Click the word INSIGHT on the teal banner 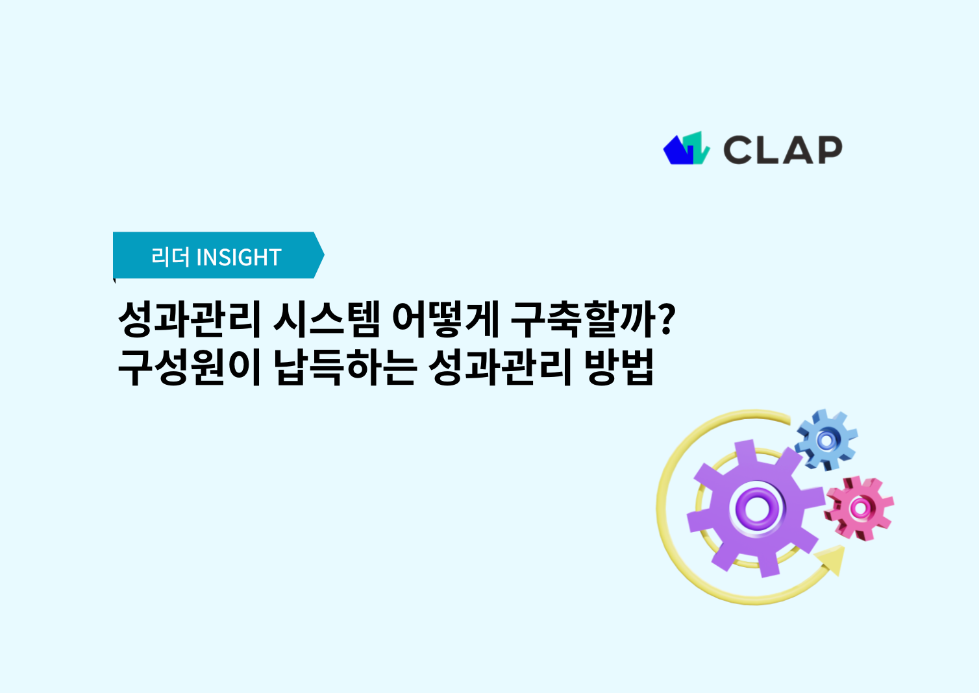coord(239,258)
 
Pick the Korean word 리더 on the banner coord(170,257)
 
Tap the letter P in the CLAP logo coord(828,150)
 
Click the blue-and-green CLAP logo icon coord(686,149)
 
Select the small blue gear coord(826,440)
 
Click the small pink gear coord(860,508)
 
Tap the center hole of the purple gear coord(756,508)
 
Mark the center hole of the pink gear coord(860,508)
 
